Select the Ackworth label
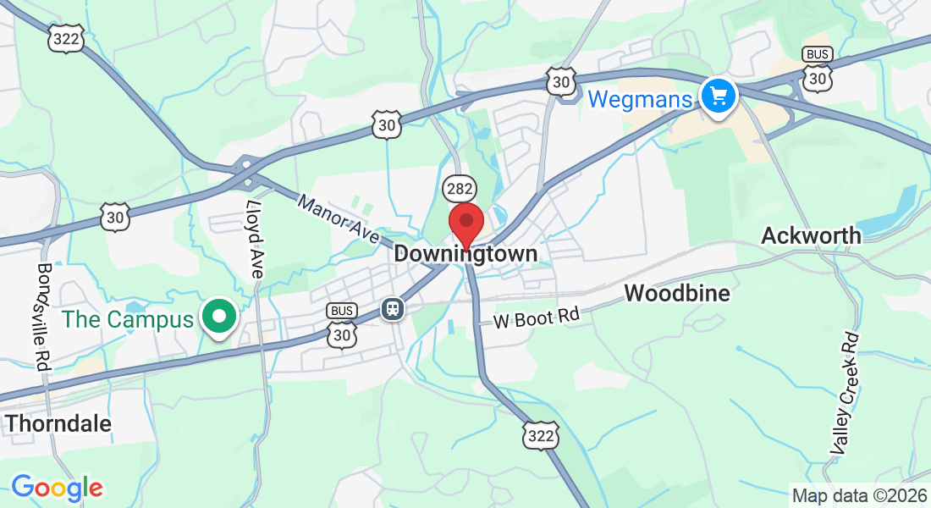click(x=811, y=235)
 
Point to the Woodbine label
click(x=677, y=294)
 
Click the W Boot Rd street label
click(x=537, y=318)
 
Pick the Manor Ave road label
click(x=338, y=219)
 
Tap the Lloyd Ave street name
click(x=255, y=239)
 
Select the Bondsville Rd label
click(x=43, y=315)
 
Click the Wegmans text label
click(x=640, y=99)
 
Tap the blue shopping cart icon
click(x=719, y=97)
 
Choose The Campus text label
click(x=128, y=320)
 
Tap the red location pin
click(x=465, y=224)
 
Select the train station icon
click(x=393, y=308)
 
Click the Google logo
click(x=57, y=488)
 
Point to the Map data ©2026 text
click(x=857, y=495)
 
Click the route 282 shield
click(x=458, y=189)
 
